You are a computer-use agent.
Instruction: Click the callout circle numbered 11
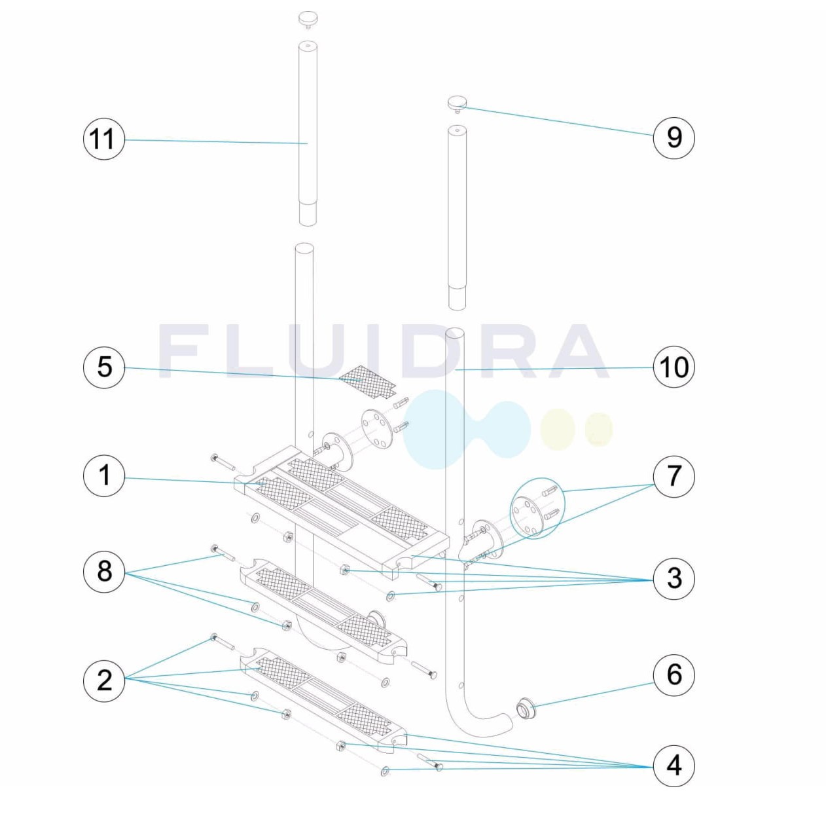point(103,139)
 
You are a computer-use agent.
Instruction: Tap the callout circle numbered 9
point(673,138)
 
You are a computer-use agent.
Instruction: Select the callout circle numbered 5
point(103,367)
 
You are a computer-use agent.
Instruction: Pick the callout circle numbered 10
point(673,367)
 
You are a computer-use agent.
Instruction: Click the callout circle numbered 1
point(103,476)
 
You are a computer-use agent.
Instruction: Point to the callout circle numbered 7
point(673,476)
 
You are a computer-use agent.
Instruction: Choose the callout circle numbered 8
point(103,572)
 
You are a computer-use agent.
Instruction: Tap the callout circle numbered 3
point(673,578)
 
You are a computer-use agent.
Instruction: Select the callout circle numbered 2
point(103,680)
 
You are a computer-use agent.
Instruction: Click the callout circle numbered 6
point(673,675)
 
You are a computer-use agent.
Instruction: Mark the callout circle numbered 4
point(673,766)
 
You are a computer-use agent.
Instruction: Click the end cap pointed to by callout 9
point(457,105)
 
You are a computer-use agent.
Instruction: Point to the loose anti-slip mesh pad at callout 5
point(367,382)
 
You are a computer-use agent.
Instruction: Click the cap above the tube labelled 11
point(308,20)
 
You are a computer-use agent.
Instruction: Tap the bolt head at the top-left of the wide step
point(215,459)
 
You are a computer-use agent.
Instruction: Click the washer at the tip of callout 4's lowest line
point(384,772)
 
